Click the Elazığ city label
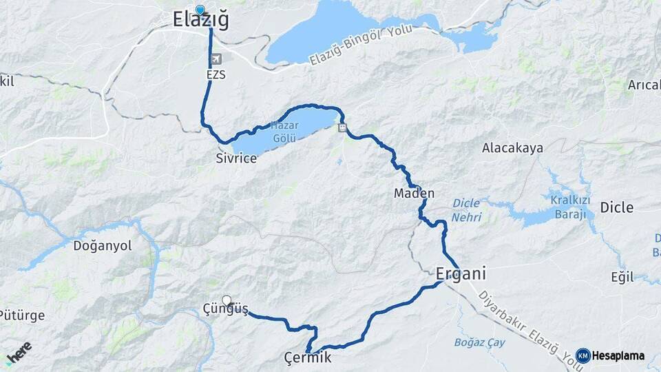(x=200, y=21)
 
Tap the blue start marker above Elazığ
(x=200, y=10)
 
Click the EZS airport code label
(x=216, y=74)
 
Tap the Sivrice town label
(x=236, y=158)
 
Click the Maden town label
(x=414, y=194)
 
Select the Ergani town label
(x=461, y=273)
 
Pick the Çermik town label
(x=308, y=358)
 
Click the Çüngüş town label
(x=226, y=309)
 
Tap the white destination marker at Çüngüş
(x=226, y=300)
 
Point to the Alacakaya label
(x=512, y=148)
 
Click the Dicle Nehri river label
(x=467, y=210)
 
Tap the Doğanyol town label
(x=103, y=246)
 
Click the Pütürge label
(x=22, y=316)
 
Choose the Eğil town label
(x=622, y=277)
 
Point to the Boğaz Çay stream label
(x=479, y=342)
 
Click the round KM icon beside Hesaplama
(x=583, y=356)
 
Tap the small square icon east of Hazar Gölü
(x=342, y=127)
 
